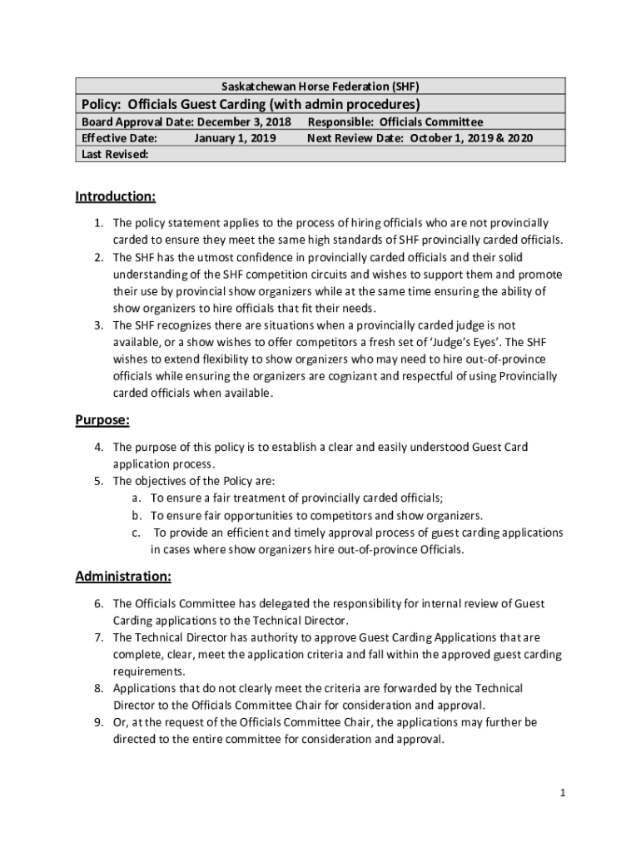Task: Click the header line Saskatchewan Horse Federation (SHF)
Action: (x=320, y=87)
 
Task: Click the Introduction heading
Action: (x=116, y=197)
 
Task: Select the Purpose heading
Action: (x=102, y=421)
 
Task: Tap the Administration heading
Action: (x=123, y=577)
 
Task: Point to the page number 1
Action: (x=563, y=793)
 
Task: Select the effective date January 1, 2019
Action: (x=235, y=138)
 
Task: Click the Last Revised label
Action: (x=115, y=155)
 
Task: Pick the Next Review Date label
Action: (x=356, y=138)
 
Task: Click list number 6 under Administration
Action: (x=97, y=604)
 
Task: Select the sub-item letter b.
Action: (x=135, y=516)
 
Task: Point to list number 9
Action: (x=97, y=722)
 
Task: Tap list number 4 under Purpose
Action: (x=97, y=448)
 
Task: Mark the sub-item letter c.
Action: (x=135, y=532)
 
